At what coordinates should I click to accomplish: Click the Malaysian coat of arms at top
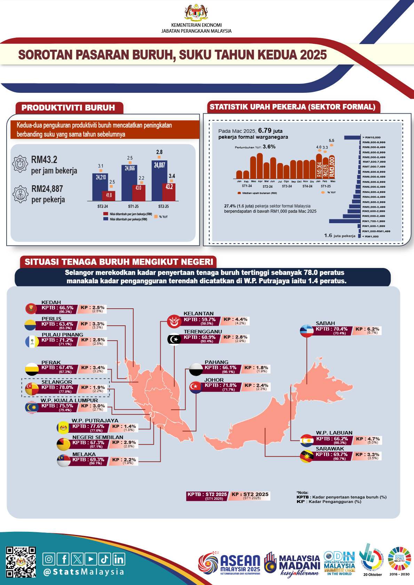pos(196,13)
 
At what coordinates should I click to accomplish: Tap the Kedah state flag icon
pos(31,308)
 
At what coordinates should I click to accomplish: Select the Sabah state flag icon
pos(307,331)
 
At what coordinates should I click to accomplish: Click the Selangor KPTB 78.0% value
pos(57,388)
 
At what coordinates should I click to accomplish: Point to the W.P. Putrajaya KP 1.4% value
pos(124,426)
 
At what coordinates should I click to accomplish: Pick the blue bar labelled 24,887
pos(159,180)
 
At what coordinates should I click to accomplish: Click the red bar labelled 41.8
pos(109,196)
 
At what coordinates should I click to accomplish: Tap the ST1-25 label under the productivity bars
pos(133,206)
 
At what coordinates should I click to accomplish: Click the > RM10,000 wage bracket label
pos(372,137)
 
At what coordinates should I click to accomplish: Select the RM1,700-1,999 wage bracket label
pos(374,221)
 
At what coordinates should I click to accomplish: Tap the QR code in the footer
pos(21,562)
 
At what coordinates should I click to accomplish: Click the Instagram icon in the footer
pos(49,559)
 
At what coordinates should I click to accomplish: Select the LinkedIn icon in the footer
pos(119,559)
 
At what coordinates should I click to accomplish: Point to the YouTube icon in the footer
pos(91,559)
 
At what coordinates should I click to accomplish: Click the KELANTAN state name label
pos(199,314)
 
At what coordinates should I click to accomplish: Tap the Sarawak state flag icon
pos(307,456)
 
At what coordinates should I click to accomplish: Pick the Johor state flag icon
pos(196,387)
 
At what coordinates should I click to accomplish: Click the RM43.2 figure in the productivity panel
pos(44,160)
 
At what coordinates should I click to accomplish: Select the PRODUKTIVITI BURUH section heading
pos(68,108)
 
